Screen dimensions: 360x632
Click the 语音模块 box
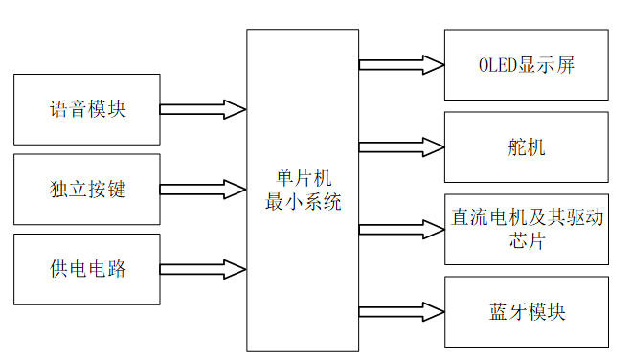[87, 108]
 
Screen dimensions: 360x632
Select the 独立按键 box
[87, 189]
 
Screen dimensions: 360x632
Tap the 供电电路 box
[87, 269]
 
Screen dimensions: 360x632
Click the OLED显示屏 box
[526, 65]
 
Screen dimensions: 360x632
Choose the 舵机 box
[526, 147]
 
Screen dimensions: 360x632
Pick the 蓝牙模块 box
[526, 312]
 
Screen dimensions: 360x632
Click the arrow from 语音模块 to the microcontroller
[202, 108]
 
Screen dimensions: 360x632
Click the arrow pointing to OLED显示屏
[401, 65]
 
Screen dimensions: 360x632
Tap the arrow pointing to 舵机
[401, 147]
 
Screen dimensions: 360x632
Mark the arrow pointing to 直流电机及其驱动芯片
[401, 230]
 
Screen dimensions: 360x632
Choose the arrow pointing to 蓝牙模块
[401, 312]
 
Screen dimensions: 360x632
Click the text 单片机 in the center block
[303, 179]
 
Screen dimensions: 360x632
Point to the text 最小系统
[303, 202]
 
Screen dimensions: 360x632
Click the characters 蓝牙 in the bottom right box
[507, 312]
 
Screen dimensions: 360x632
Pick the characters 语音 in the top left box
[68, 108]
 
